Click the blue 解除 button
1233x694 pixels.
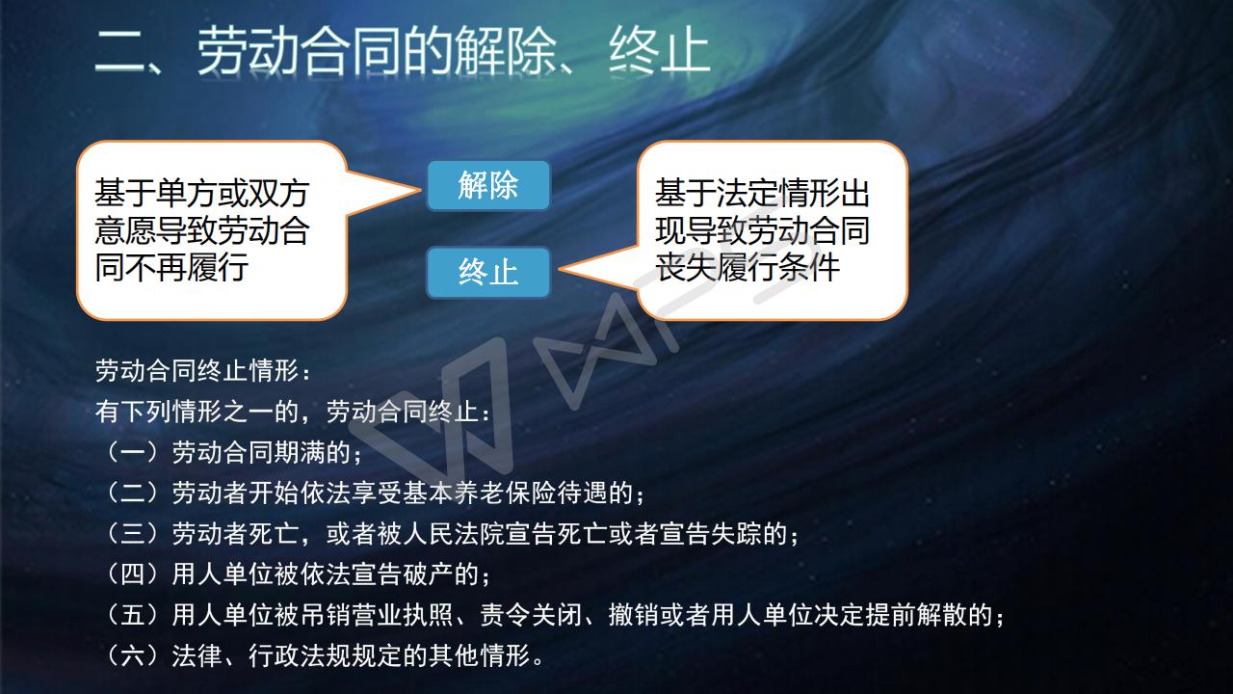488,185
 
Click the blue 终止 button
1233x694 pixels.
488,272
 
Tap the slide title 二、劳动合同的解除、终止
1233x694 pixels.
403,51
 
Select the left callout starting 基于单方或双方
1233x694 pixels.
212,230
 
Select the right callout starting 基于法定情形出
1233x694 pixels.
772,230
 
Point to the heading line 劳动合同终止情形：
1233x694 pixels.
203,371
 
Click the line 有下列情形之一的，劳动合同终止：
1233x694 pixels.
293,412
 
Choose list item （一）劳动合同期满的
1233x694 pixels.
230,453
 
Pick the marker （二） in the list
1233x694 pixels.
133,493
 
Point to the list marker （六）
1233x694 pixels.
133,656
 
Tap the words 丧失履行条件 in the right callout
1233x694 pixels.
747,268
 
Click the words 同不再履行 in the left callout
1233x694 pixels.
171,268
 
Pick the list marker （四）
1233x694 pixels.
133,574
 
